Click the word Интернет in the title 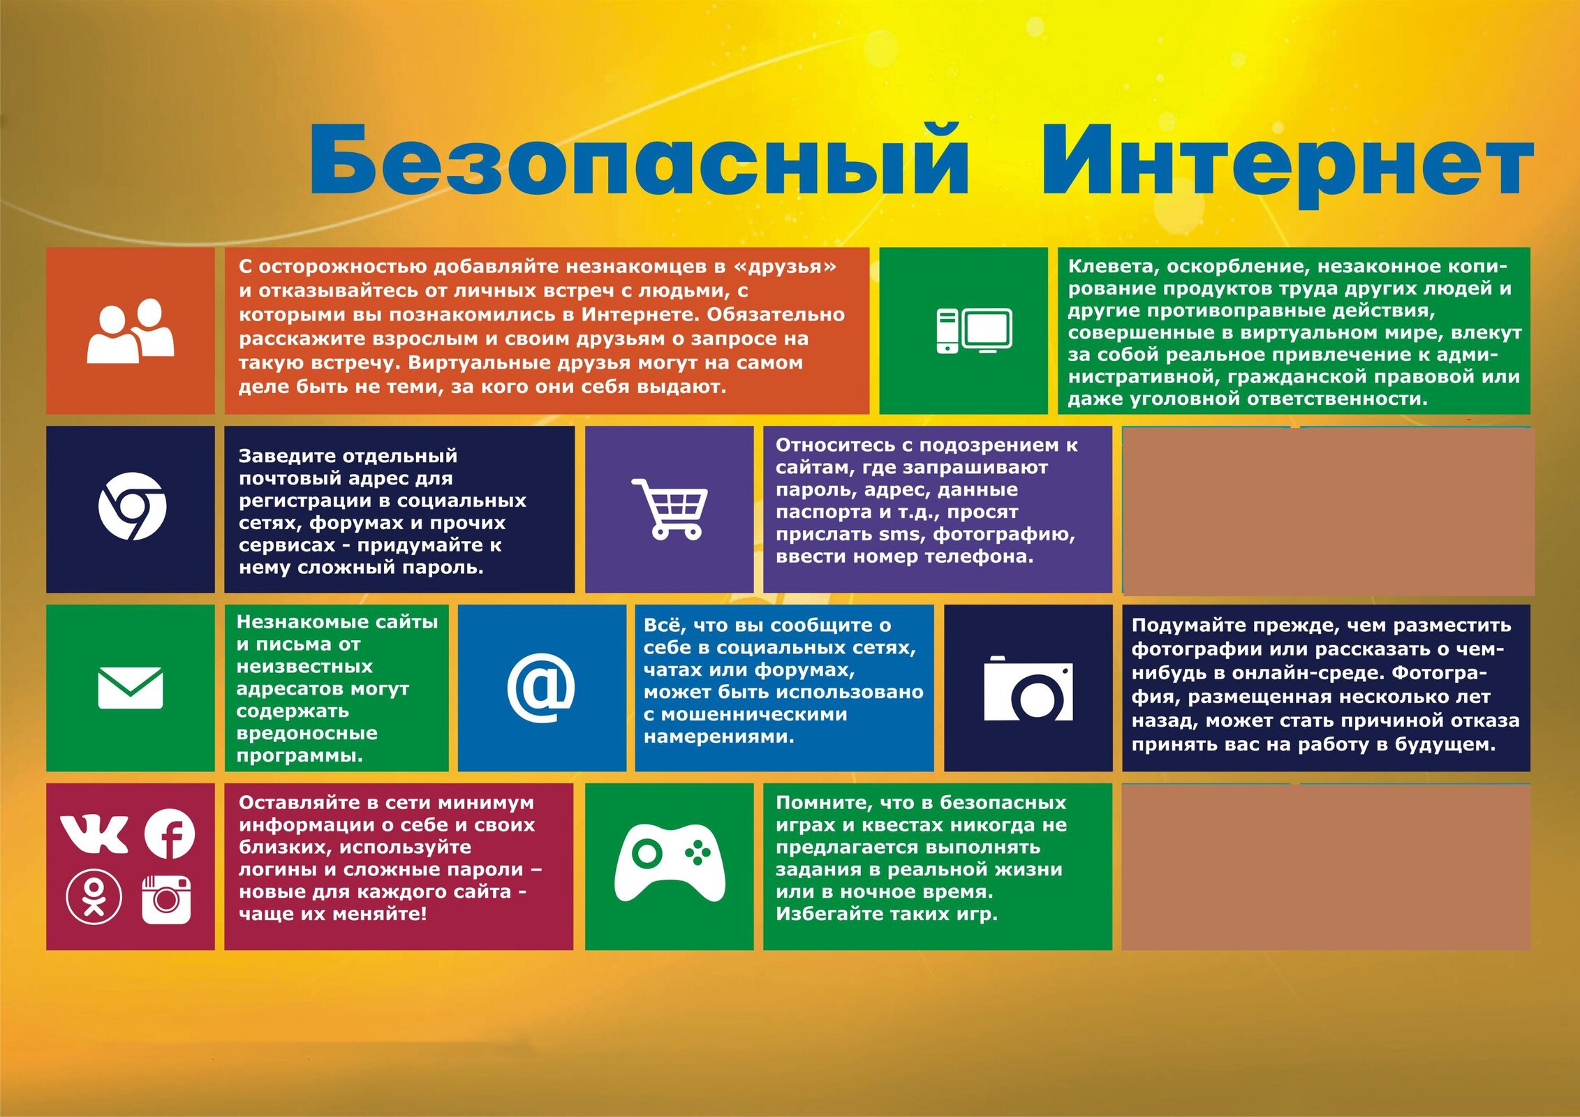(1286, 165)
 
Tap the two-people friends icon (131, 330)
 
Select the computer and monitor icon (974, 330)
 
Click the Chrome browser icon (132, 506)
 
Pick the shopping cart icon (670, 509)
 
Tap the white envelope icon (131, 688)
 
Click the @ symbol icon (541, 688)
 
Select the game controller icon (670, 863)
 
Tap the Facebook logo (170, 834)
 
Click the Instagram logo (166, 899)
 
